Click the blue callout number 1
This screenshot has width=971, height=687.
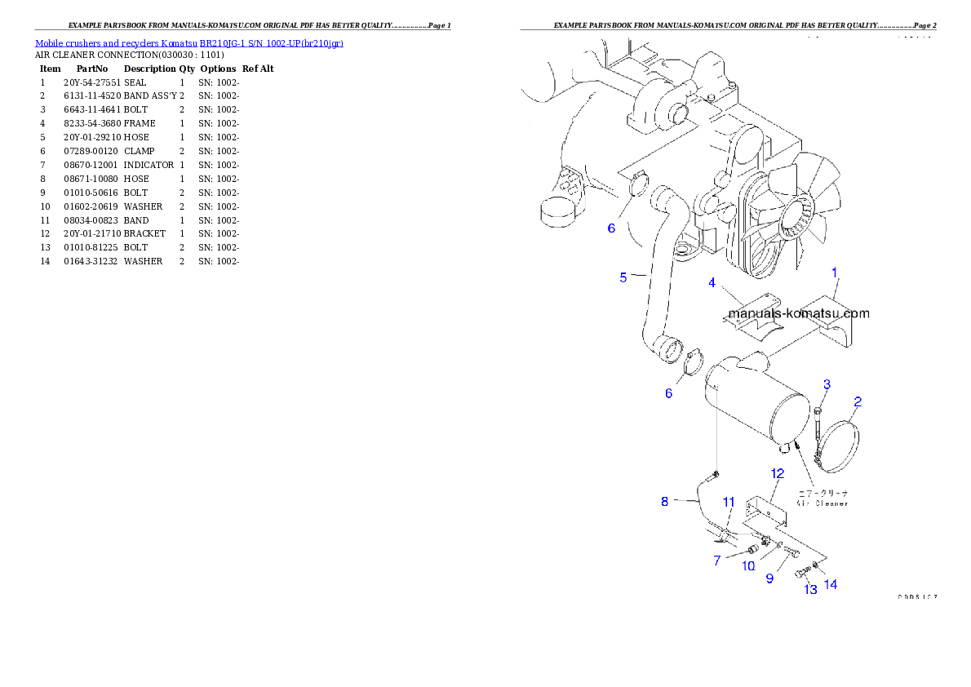point(834,272)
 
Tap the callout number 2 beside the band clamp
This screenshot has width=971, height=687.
point(858,401)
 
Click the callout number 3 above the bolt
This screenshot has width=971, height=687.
point(712,283)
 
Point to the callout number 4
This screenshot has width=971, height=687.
point(623,277)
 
